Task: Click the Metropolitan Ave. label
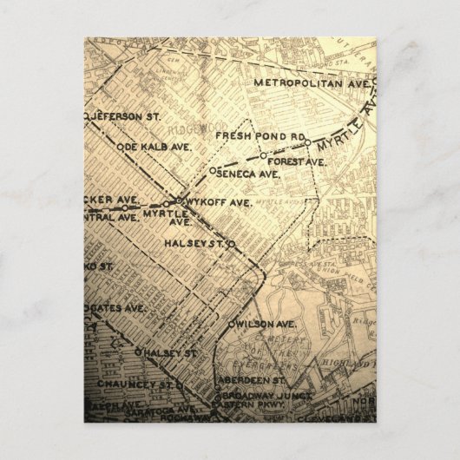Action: (311, 82)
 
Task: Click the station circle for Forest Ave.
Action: (262, 157)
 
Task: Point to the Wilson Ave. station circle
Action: (228, 324)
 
